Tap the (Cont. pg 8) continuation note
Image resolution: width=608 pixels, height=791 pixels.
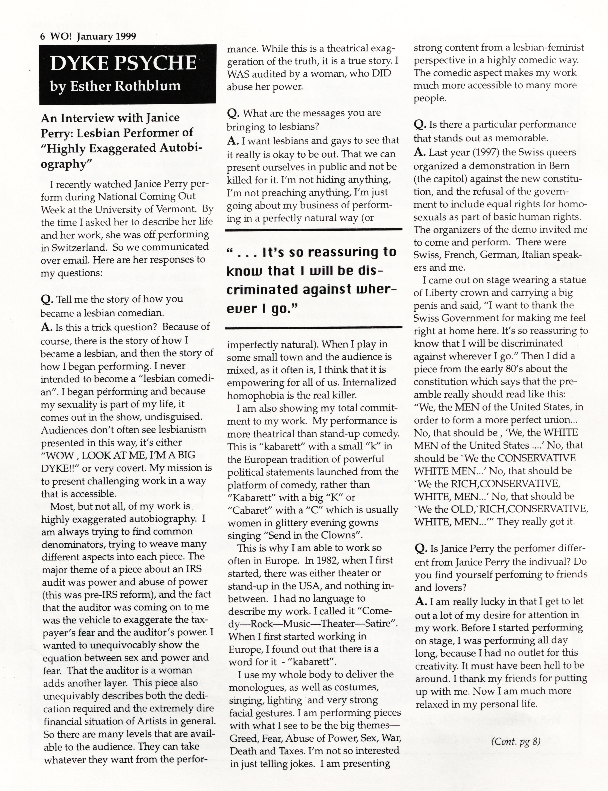click(x=516, y=742)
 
